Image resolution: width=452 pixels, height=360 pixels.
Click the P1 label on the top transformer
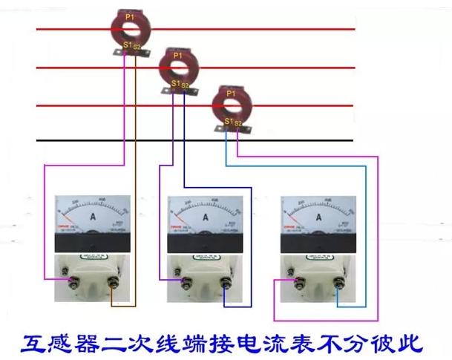131,16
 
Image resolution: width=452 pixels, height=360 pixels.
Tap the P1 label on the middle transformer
177,56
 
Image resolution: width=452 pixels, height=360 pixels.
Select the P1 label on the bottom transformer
231,94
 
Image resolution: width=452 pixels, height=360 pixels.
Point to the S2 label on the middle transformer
185,85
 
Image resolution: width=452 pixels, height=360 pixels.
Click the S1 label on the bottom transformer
229,122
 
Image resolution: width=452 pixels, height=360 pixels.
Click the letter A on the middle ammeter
206,217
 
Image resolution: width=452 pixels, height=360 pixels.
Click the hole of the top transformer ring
131,29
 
